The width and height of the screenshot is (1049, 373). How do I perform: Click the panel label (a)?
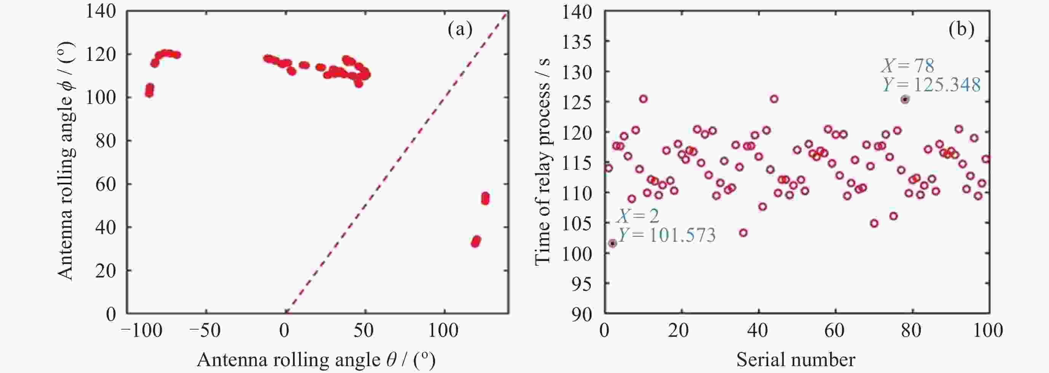(x=460, y=30)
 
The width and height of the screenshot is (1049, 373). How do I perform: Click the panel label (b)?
(x=961, y=30)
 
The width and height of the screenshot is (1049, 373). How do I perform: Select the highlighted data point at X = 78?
(x=905, y=99)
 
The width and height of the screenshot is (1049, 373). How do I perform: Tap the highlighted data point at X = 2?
(x=612, y=243)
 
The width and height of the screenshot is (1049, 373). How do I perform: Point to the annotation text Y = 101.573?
(x=666, y=235)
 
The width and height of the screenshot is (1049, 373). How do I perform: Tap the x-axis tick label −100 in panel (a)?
(x=142, y=331)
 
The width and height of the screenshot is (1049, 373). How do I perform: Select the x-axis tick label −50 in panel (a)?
(x=205, y=331)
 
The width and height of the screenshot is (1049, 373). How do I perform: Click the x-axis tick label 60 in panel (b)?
(x=835, y=331)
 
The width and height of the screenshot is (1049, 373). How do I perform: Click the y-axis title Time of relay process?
(x=542, y=162)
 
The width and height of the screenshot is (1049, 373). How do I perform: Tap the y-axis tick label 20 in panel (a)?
(x=106, y=271)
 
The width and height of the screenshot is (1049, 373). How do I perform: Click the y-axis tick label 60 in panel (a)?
(x=106, y=184)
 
